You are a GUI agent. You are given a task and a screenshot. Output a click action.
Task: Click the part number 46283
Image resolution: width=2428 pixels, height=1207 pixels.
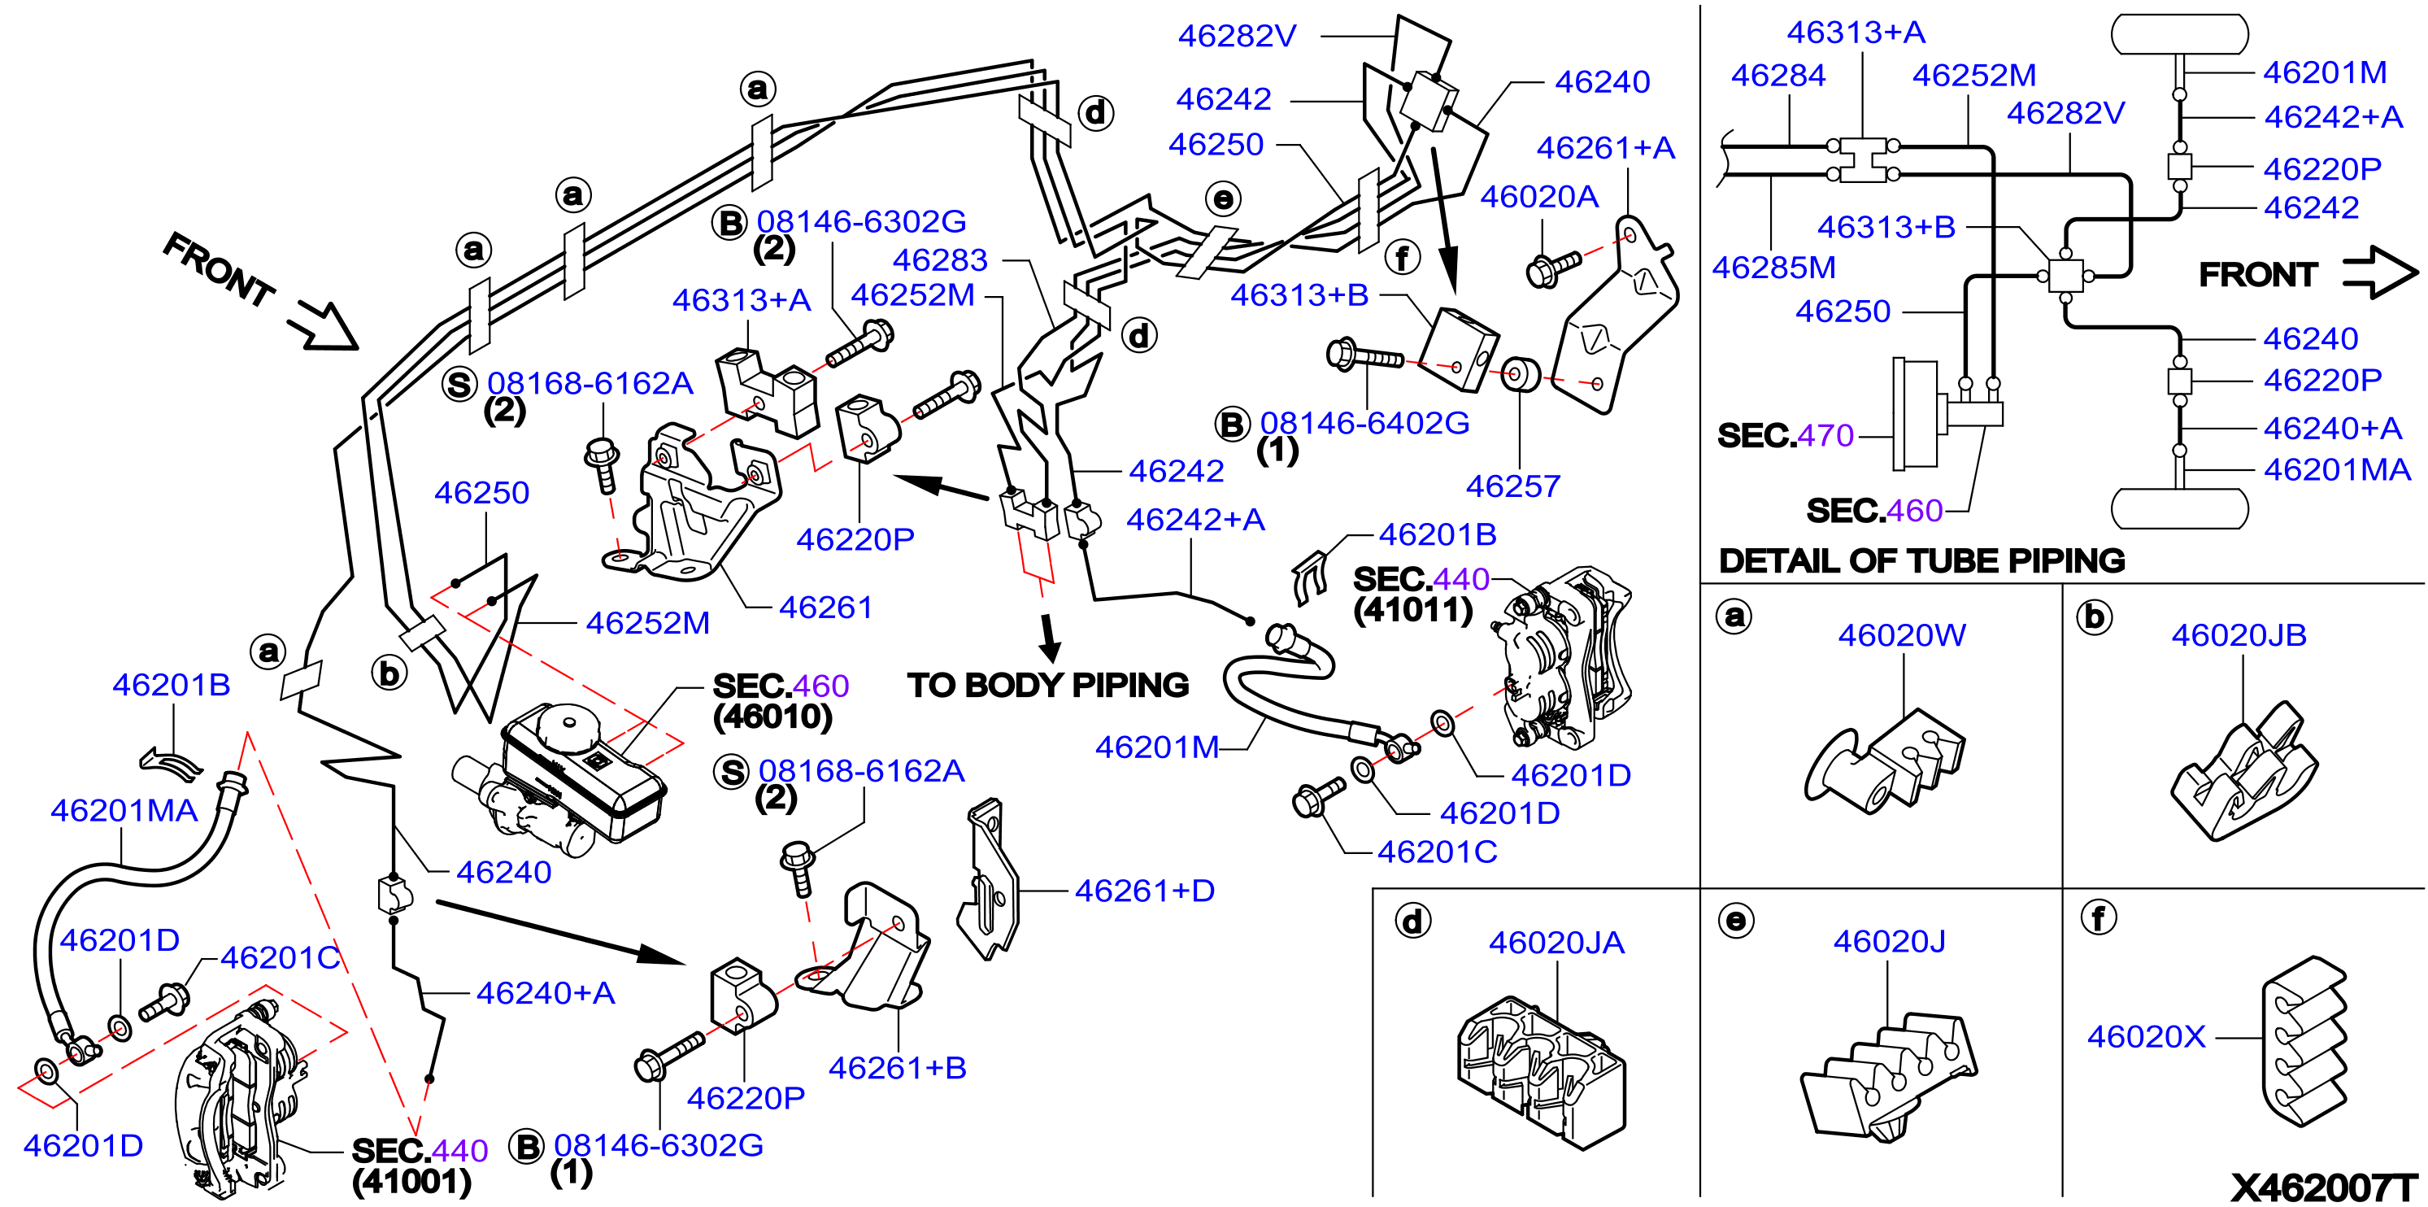click(x=940, y=259)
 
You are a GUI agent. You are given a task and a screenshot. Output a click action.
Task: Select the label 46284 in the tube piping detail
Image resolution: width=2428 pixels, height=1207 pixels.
click(x=1777, y=76)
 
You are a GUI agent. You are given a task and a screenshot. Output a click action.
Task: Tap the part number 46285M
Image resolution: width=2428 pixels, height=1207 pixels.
click(x=1774, y=268)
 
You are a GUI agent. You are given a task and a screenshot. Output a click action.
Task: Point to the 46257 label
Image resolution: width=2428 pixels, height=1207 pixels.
click(x=1512, y=486)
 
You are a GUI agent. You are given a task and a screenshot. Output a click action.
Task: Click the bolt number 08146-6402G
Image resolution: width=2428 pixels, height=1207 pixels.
click(x=1364, y=424)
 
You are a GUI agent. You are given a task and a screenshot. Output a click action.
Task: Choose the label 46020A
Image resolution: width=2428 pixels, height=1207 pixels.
click(x=1539, y=196)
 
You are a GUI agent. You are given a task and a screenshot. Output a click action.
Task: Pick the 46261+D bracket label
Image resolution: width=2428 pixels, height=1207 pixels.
click(x=1145, y=891)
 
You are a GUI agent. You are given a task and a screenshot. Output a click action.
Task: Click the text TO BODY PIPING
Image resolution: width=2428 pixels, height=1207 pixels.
click(x=1048, y=686)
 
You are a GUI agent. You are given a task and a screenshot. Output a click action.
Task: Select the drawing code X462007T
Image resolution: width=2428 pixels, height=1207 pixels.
click(x=2324, y=1188)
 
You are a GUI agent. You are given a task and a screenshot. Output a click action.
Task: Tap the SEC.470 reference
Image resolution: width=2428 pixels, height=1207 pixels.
click(x=1785, y=436)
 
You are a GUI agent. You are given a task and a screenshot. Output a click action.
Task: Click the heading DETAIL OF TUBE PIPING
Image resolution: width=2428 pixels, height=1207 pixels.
click(x=1922, y=561)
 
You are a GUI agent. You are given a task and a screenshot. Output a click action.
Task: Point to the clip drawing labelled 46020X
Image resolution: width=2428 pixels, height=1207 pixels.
click(x=2304, y=1041)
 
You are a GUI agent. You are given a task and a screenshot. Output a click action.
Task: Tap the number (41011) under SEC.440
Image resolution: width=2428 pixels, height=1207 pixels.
click(x=1413, y=610)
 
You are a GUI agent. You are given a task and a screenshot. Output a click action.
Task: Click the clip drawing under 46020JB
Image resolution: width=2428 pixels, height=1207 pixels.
click(x=2243, y=770)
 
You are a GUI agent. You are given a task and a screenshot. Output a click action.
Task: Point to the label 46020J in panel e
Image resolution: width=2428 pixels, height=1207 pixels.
click(x=1889, y=941)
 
